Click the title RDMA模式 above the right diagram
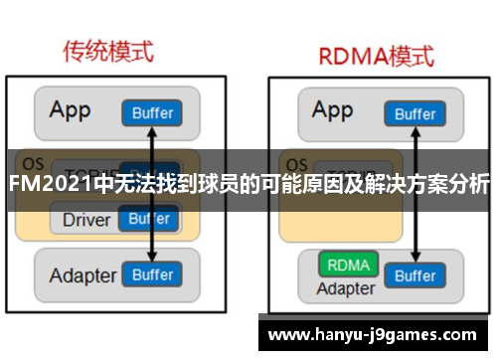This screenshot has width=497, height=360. pyautogui.click(x=375, y=55)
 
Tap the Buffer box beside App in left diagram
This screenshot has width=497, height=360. pyautogui.click(x=152, y=112)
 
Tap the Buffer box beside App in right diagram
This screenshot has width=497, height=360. pyautogui.click(x=415, y=112)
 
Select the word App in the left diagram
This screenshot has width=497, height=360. pyautogui.click(x=72, y=109)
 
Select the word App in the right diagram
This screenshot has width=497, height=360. pyautogui.click(x=332, y=109)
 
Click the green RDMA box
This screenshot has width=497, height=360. pyautogui.click(x=347, y=266)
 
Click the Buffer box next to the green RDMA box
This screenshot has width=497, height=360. pyautogui.click(x=415, y=274)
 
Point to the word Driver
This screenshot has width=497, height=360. pyautogui.click(x=86, y=219)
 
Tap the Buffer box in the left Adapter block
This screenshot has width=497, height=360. pyautogui.click(x=152, y=274)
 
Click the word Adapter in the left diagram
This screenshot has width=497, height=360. pyautogui.click(x=83, y=275)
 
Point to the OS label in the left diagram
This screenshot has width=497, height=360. pyautogui.click(x=33, y=162)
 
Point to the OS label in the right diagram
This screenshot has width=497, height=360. pyautogui.click(x=295, y=162)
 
